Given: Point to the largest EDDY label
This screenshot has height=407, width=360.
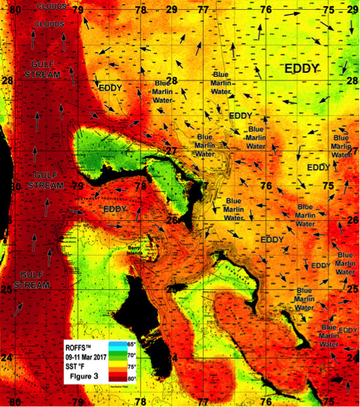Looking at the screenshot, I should click(x=302, y=68).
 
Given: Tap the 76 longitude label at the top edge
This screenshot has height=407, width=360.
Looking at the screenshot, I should click(x=266, y=9).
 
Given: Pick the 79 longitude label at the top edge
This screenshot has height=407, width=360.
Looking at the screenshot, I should click(x=78, y=9).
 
